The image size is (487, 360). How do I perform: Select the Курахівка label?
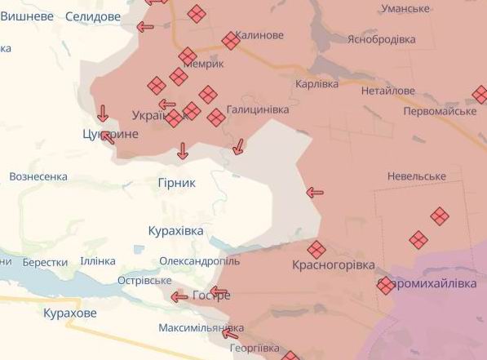point(176,231)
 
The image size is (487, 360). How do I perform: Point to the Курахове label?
point(69,313)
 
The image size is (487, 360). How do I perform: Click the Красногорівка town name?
point(334,265)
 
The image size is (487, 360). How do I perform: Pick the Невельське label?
point(417,176)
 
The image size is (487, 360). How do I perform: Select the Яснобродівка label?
point(381,39)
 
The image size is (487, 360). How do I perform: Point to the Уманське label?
point(401,8)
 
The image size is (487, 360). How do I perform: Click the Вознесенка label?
point(38,176)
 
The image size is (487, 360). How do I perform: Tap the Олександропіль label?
point(199,261)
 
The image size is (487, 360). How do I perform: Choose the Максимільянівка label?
point(201,328)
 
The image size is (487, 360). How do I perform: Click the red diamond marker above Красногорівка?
point(317,249)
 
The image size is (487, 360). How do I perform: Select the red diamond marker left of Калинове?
point(231,40)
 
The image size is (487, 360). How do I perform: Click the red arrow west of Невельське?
point(315,193)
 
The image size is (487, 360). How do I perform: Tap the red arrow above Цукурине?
point(103,113)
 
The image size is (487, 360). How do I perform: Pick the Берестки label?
point(45,262)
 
